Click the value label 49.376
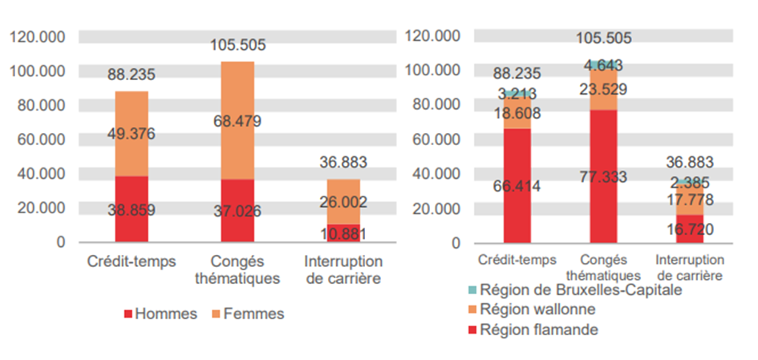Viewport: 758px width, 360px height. click(x=132, y=133)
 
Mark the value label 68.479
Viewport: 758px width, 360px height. click(x=238, y=122)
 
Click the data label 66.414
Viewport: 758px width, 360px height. click(x=517, y=187)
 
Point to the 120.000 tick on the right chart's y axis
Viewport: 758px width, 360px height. click(x=433, y=36)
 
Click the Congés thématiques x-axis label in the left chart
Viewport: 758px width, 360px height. click(x=237, y=271)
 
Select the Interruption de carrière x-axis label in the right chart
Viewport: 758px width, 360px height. click(x=690, y=267)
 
